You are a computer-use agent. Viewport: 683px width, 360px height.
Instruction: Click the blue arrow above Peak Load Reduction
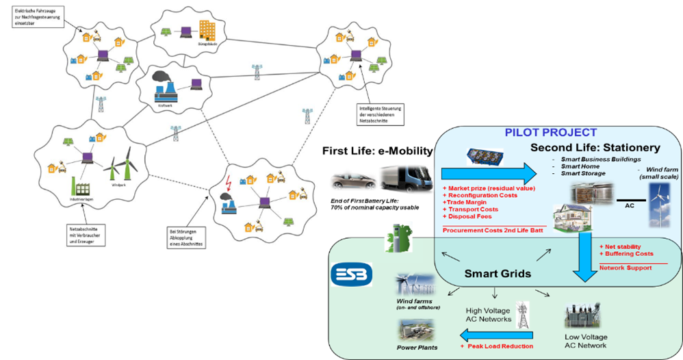pyautogui.click(x=487, y=335)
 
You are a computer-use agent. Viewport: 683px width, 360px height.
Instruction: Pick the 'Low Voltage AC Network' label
pyautogui.click(x=586, y=342)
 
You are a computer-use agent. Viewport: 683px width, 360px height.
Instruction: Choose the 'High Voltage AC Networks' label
pyautogui.click(x=488, y=315)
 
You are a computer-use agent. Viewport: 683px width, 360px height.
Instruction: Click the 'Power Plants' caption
pyautogui.click(x=417, y=348)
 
